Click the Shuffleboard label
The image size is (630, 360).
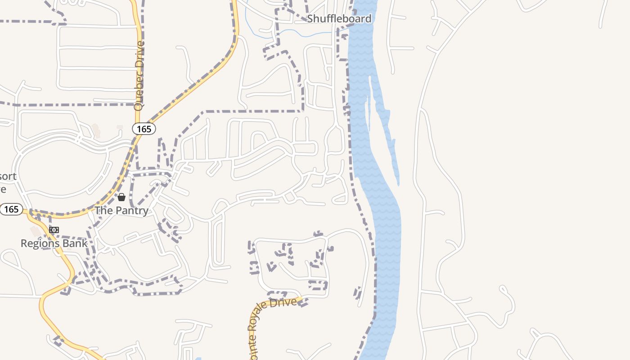coord(339,18)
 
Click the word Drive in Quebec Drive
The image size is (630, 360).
coord(139,55)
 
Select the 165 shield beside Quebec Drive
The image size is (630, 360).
coord(144,129)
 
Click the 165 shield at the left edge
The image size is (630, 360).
coord(11,209)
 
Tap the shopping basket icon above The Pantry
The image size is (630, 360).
coord(121,197)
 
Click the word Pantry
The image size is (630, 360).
coord(132,211)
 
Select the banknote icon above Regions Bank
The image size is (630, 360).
coord(54,230)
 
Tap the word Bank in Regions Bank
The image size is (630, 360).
coord(76,243)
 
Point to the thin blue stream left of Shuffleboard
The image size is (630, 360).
coord(288,32)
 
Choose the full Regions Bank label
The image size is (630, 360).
coord(54,243)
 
